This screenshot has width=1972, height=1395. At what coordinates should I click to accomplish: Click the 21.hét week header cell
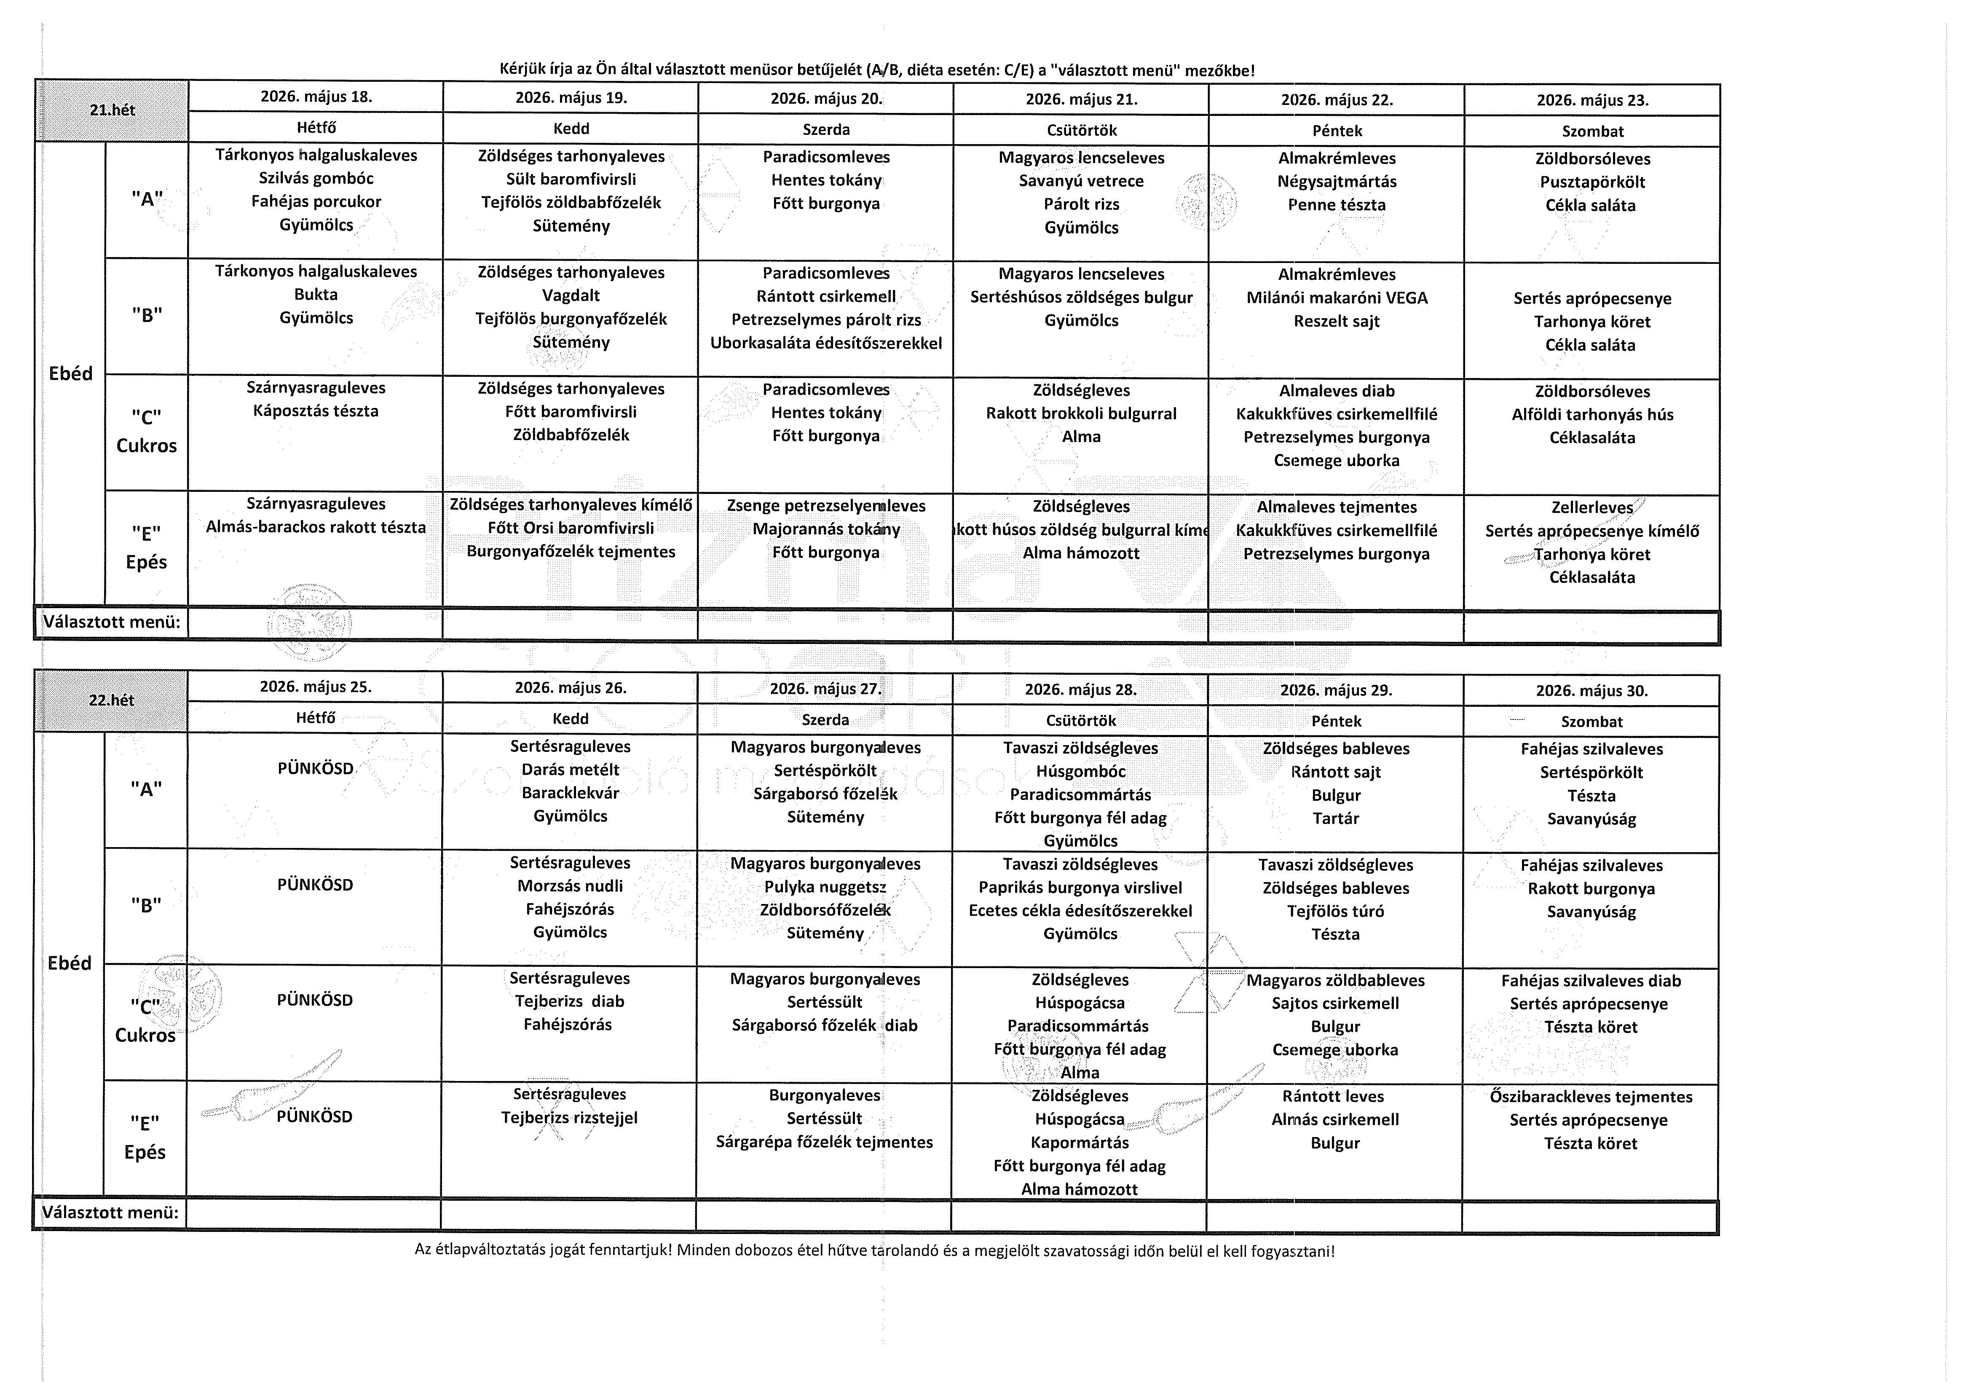[x=112, y=110]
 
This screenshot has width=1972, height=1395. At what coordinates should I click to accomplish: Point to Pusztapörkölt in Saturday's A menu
[x=1592, y=182]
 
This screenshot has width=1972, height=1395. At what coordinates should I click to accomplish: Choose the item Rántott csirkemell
[x=825, y=296]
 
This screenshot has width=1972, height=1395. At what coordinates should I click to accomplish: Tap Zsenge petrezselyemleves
[x=825, y=506]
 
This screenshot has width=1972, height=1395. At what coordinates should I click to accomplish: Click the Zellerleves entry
[x=1592, y=508]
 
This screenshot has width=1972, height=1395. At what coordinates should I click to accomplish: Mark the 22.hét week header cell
[x=112, y=700]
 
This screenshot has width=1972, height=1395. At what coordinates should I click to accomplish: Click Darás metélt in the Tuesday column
[x=570, y=770]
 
